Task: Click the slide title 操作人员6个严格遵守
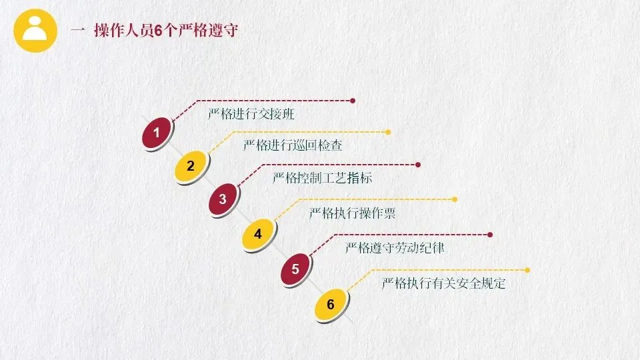click(x=165, y=31)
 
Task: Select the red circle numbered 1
click(x=157, y=133)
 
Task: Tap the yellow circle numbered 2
click(x=191, y=166)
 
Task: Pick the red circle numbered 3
click(x=223, y=199)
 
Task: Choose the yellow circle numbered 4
click(x=258, y=234)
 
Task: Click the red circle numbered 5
click(x=295, y=269)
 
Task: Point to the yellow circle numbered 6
click(x=330, y=305)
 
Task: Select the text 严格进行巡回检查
click(x=293, y=145)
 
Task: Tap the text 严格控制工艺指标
click(x=323, y=178)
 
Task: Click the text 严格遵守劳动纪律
click(x=395, y=249)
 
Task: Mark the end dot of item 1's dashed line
click(x=353, y=101)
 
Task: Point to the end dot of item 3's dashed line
click(x=418, y=165)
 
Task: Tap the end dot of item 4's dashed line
click(x=455, y=199)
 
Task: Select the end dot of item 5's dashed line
click(x=490, y=235)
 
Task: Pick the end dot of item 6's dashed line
click(x=527, y=270)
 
